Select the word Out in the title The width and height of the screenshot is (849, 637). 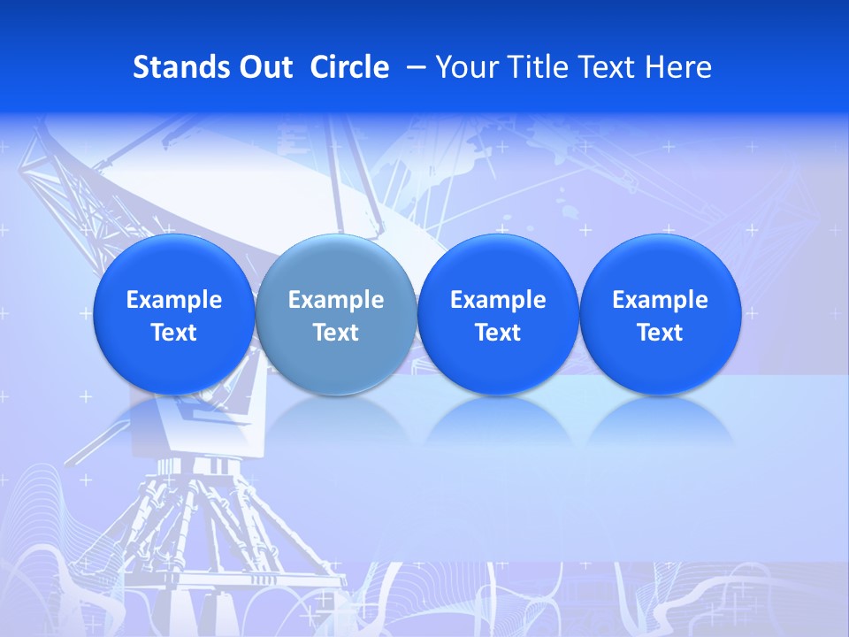pyautogui.click(x=263, y=67)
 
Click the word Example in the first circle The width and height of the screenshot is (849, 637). pyautogui.click(x=173, y=300)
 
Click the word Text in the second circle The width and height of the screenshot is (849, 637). pyautogui.click(x=335, y=333)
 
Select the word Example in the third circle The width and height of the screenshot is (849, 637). pyautogui.click(x=498, y=300)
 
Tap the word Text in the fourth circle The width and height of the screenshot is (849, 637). pyautogui.click(x=660, y=333)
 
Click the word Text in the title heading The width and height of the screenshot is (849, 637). pyautogui.click(x=601, y=67)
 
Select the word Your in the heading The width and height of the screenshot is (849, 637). pyautogui.click(x=463, y=67)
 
